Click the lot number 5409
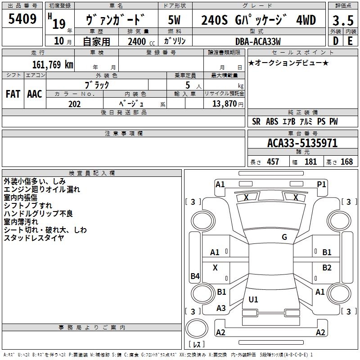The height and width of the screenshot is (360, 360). [x=22, y=19]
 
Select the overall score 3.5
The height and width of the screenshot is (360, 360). [x=342, y=21]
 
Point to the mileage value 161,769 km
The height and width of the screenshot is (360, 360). [x=52, y=64]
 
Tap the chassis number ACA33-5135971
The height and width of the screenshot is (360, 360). [x=302, y=143]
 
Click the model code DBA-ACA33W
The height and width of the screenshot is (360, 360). [x=258, y=41]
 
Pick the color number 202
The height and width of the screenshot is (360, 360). [x=74, y=104]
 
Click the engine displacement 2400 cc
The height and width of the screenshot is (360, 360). [x=137, y=42]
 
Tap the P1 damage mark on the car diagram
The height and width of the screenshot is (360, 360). [x=321, y=184]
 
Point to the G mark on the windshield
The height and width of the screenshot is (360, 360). [x=284, y=237]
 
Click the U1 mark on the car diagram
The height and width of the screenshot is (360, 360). [x=253, y=299]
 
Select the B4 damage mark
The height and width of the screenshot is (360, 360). [x=195, y=276]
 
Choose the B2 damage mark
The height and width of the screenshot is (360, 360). [x=327, y=268]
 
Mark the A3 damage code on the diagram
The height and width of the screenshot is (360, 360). [x=221, y=308]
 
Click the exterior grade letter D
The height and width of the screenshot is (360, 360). [x=335, y=41]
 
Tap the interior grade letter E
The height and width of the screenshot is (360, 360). [x=350, y=41]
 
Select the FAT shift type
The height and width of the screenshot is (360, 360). [x=13, y=94]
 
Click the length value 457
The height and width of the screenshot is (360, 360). [x=273, y=162]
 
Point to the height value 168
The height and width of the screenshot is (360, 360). [x=346, y=162]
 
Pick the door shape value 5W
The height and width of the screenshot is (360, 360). [x=175, y=20]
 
